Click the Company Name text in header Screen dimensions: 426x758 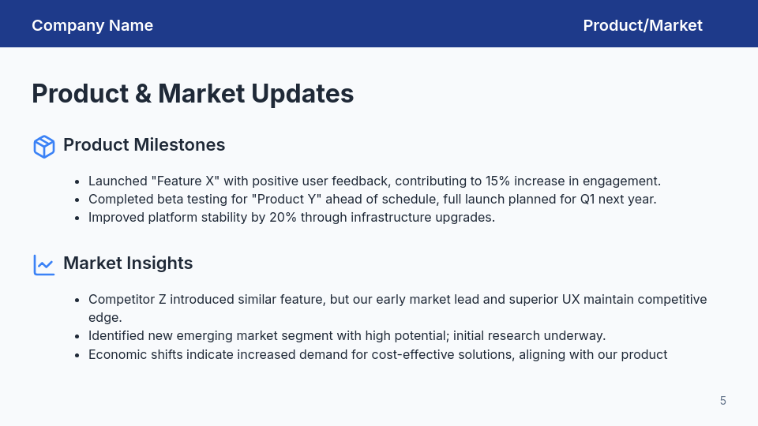click(x=92, y=25)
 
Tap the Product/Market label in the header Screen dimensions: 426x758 click(x=643, y=25)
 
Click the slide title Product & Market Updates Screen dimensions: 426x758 click(x=193, y=94)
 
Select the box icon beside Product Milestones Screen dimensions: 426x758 click(x=44, y=146)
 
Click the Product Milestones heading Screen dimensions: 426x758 click(x=144, y=145)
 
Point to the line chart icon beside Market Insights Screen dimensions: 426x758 click(x=44, y=264)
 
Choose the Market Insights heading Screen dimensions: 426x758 click(x=128, y=263)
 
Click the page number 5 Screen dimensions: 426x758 click(x=722, y=401)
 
